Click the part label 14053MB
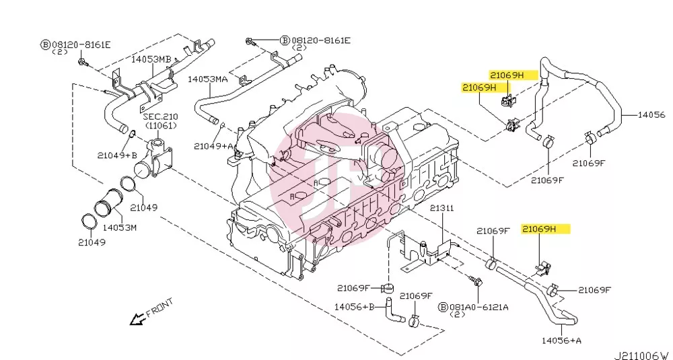(x=151, y=60)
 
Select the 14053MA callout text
(x=208, y=79)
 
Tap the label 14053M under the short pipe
(x=119, y=228)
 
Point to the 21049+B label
(x=116, y=155)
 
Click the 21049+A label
(x=213, y=146)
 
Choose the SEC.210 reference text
(x=161, y=116)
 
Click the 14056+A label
(x=561, y=340)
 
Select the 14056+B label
(x=355, y=307)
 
